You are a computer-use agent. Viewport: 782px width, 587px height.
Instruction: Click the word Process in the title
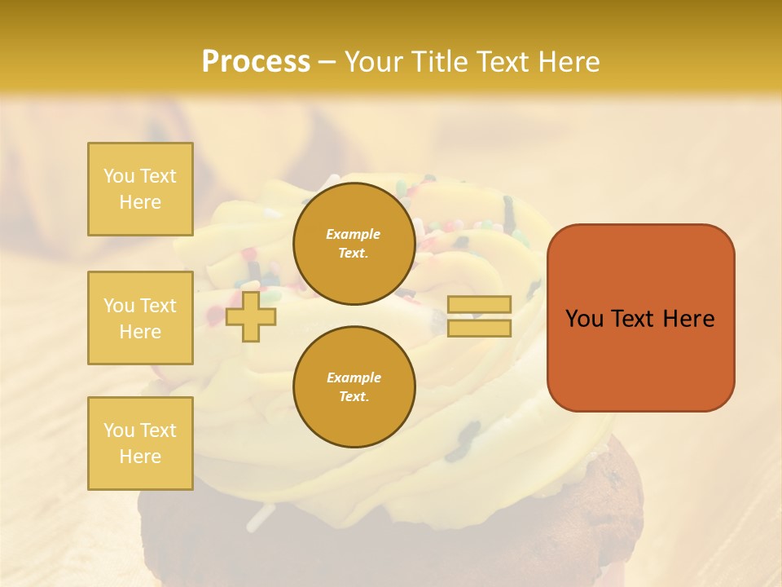click(x=256, y=62)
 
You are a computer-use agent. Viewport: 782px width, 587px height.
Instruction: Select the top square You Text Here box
click(x=140, y=189)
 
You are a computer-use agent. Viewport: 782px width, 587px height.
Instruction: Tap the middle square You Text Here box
click(x=140, y=318)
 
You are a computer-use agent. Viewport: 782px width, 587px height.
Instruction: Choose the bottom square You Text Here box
click(x=140, y=443)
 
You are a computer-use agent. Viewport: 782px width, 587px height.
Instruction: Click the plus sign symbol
click(x=251, y=316)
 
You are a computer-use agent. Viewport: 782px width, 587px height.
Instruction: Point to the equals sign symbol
click(x=480, y=316)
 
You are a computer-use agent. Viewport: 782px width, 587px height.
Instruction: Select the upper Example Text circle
click(x=354, y=244)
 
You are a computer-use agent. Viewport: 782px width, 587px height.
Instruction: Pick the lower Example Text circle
click(x=354, y=387)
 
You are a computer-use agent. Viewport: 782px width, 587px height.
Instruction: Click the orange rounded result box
click(x=640, y=318)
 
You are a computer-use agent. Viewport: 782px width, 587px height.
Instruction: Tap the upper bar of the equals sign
click(x=480, y=305)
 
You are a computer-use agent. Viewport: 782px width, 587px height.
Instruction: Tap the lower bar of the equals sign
click(x=480, y=328)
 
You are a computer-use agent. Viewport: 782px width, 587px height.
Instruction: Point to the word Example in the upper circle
click(x=354, y=234)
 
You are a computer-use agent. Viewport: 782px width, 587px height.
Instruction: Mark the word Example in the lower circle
click(x=354, y=377)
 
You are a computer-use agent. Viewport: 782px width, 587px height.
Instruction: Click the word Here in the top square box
click(x=140, y=202)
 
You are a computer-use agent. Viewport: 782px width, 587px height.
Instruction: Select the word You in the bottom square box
click(x=118, y=430)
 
